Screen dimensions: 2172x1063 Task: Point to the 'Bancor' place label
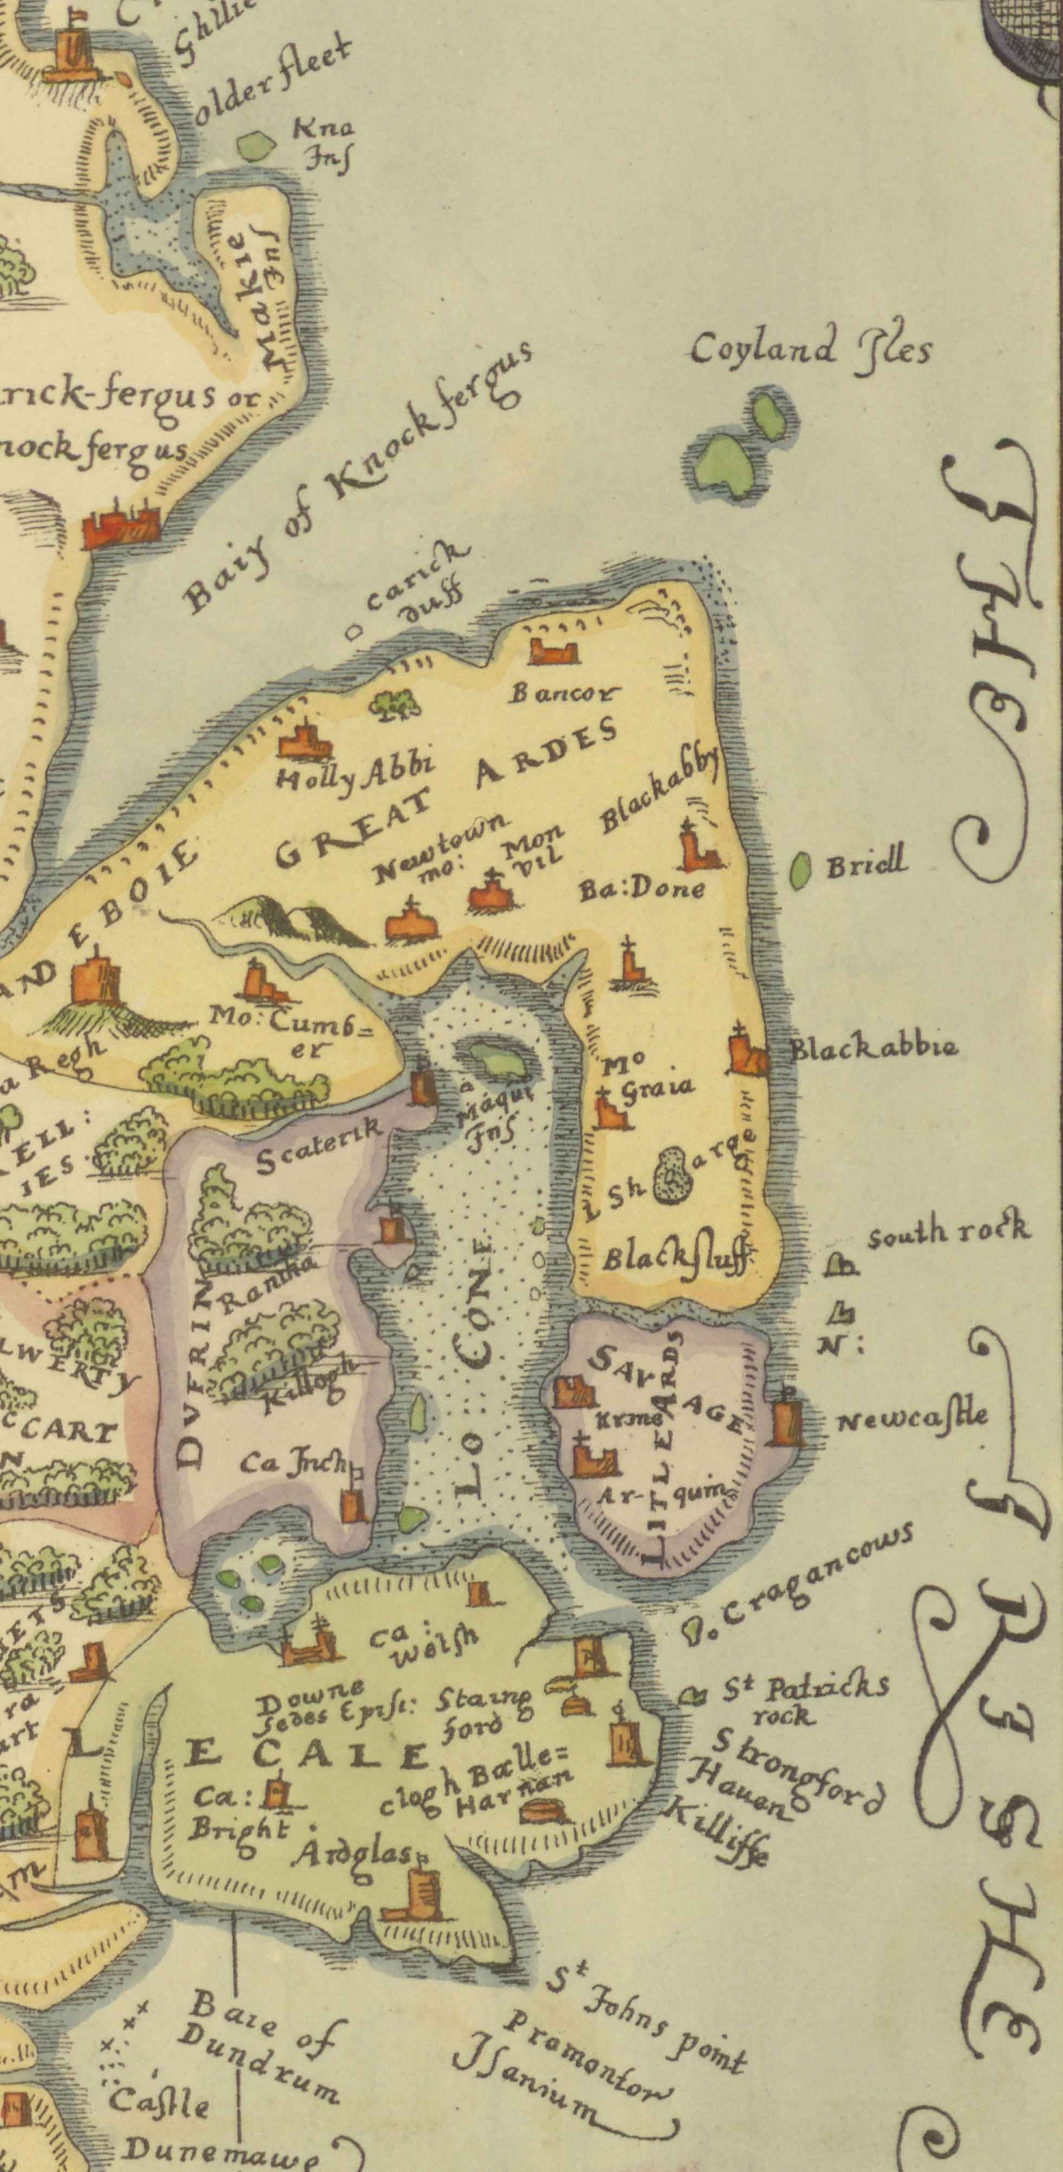563,694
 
